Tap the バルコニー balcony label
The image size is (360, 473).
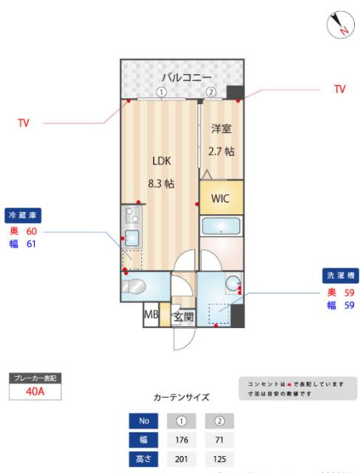coord(187,76)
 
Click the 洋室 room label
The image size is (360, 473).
coord(221,129)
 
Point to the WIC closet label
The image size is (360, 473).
coord(221,199)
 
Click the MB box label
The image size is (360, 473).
coord(151,316)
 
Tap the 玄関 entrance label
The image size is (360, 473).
coord(183,318)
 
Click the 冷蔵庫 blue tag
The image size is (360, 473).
coord(23,215)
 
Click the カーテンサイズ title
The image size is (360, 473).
coord(181,397)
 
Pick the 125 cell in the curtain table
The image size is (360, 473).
coord(219,459)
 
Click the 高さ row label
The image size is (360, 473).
coord(143,459)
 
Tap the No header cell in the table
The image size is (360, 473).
coord(143,422)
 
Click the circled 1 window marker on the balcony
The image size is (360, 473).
coord(161,93)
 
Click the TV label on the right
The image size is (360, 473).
coord(339,89)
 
